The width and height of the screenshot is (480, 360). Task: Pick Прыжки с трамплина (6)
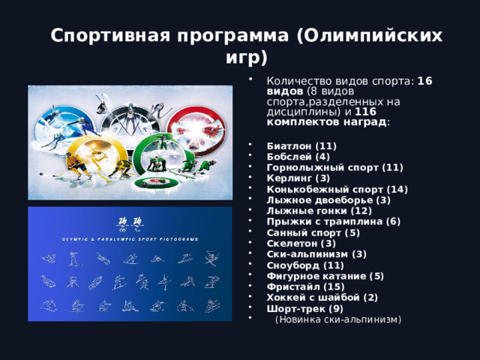tap(323, 221)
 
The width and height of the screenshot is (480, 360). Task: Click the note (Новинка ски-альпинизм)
tap(338, 319)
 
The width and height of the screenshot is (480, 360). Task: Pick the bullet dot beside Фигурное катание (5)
tap(250, 276)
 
